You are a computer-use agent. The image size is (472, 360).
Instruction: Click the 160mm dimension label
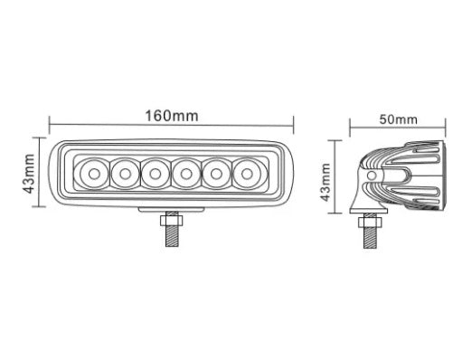pyautogui.click(x=171, y=116)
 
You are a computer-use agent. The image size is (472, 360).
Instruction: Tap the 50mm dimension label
pyautogui.click(x=398, y=118)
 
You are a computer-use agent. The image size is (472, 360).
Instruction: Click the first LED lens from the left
pyautogui.click(x=93, y=171)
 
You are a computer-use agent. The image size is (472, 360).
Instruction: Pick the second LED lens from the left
pyautogui.click(x=124, y=171)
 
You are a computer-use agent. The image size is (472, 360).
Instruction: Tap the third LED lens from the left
pyautogui.click(x=156, y=171)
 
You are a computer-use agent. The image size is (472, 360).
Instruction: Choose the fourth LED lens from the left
pyautogui.click(x=186, y=171)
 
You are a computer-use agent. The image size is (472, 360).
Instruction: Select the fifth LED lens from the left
pyautogui.click(x=217, y=171)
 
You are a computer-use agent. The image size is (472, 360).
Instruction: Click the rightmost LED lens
pyautogui.click(x=248, y=171)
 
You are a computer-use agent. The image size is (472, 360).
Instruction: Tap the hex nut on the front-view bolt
pyautogui.click(x=171, y=222)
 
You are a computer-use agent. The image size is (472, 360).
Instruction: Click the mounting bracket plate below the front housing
pyautogui.click(x=171, y=210)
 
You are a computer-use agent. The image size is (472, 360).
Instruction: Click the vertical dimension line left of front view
pyautogui.click(x=40, y=172)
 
